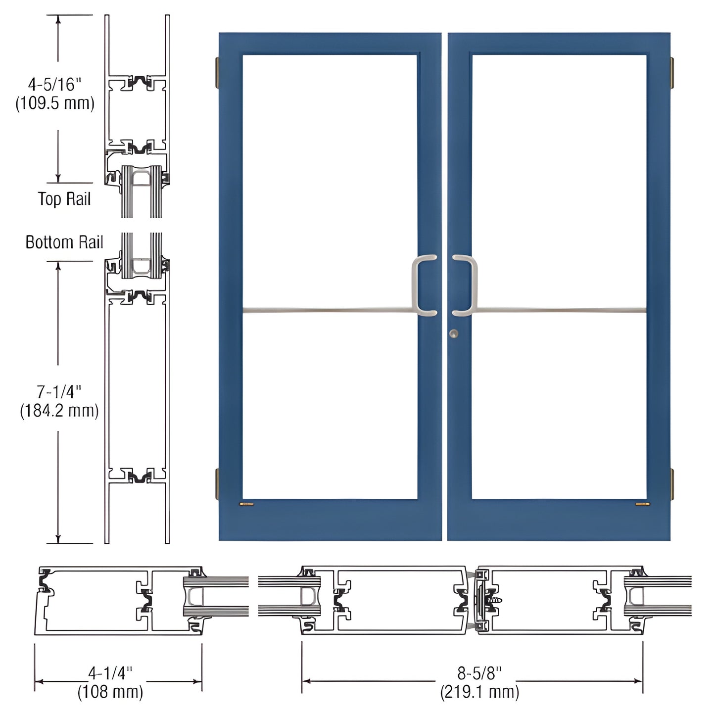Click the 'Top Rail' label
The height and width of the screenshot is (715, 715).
(x=64, y=199)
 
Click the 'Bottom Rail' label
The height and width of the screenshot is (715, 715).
(x=64, y=242)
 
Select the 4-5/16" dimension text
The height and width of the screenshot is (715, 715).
(x=54, y=85)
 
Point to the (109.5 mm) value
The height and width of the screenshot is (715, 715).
(x=55, y=103)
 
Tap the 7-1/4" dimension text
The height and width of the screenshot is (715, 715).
(x=59, y=392)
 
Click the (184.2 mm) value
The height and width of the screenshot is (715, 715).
(x=59, y=411)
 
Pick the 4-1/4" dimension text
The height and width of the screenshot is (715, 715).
(x=110, y=672)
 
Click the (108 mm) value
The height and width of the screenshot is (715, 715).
(x=110, y=691)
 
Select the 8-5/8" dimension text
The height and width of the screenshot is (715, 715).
(x=479, y=672)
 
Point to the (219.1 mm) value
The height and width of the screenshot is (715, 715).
(x=479, y=691)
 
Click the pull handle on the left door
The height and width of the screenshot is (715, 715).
(x=424, y=285)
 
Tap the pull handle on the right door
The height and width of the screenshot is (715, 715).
(x=465, y=285)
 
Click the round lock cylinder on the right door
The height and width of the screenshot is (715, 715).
(x=454, y=334)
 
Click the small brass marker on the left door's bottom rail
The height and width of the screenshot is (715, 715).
(x=246, y=505)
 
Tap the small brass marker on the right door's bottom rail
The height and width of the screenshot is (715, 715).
(x=642, y=505)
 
